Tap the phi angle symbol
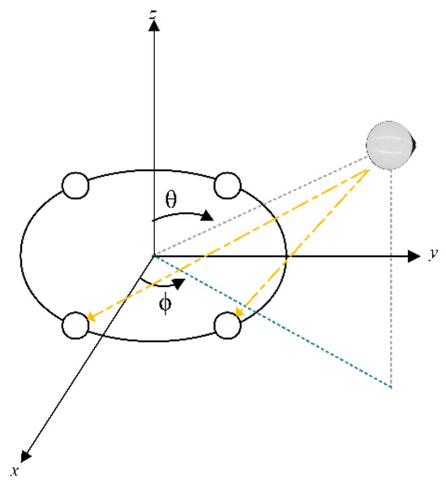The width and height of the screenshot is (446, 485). pos(166,307)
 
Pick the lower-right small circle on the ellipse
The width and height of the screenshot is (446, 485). pos(229,324)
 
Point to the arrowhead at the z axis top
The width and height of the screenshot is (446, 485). pos(152,24)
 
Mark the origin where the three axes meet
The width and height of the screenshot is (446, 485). pos(152,255)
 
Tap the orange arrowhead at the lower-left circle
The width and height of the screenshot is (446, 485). pos(91,318)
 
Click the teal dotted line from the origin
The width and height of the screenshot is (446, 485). pos(276,324)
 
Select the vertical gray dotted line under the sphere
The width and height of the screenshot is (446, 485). pos(392,284)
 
